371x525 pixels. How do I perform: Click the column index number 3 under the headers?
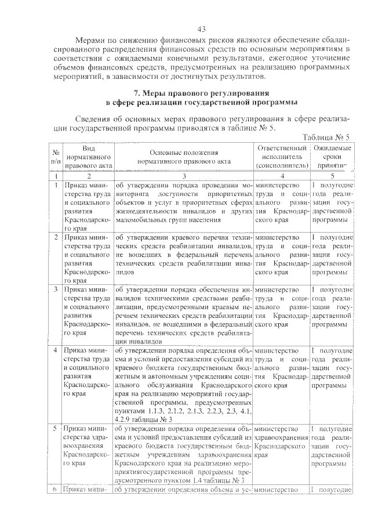pyautogui.click(x=183, y=175)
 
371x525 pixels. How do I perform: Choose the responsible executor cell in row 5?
pyautogui.click(x=281, y=444)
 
